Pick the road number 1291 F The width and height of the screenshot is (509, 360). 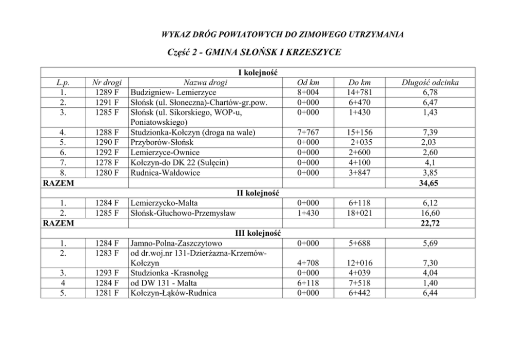click(107, 102)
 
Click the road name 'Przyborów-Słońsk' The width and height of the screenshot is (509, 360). click(161, 143)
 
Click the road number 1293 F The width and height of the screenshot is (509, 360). click(107, 273)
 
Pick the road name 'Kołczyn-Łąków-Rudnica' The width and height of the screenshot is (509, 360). click(173, 293)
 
